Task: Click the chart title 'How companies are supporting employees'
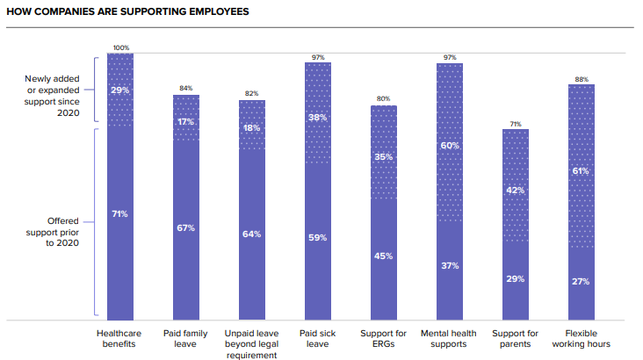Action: pyautogui.click(x=128, y=12)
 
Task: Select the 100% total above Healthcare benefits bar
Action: pyautogui.click(x=120, y=47)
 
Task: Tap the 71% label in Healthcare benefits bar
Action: pyautogui.click(x=120, y=213)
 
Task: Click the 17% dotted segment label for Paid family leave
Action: pyautogui.click(x=186, y=121)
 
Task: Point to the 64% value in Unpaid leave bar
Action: pyautogui.click(x=252, y=234)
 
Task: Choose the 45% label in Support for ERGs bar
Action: pyautogui.click(x=384, y=256)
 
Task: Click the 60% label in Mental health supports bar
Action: pyautogui.click(x=450, y=145)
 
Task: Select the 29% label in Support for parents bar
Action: pyautogui.click(x=516, y=278)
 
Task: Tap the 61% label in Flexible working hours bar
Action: pyautogui.click(x=582, y=171)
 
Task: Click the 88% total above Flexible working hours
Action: pyautogui.click(x=582, y=79)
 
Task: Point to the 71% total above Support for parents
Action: pyautogui.click(x=516, y=124)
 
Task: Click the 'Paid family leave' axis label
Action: pyautogui.click(x=186, y=338)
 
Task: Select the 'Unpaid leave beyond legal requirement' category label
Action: pyautogui.click(x=252, y=344)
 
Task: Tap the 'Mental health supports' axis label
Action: pyautogui.click(x=450, y=338)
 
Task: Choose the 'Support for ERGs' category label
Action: pyautogui.click(x=384, y=338)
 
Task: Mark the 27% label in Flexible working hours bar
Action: pyautogui.click(x=582, y=282)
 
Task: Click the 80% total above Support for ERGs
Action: pyautogui.click(x=384, y=99)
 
